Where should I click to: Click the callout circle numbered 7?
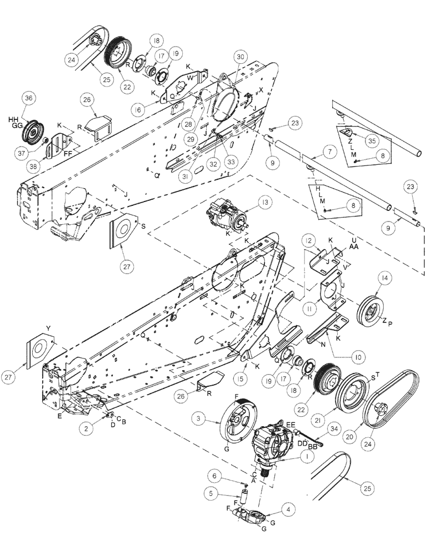coord(329,152)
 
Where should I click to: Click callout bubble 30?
coord(240,57)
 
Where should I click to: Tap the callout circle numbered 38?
coord(29,164)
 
